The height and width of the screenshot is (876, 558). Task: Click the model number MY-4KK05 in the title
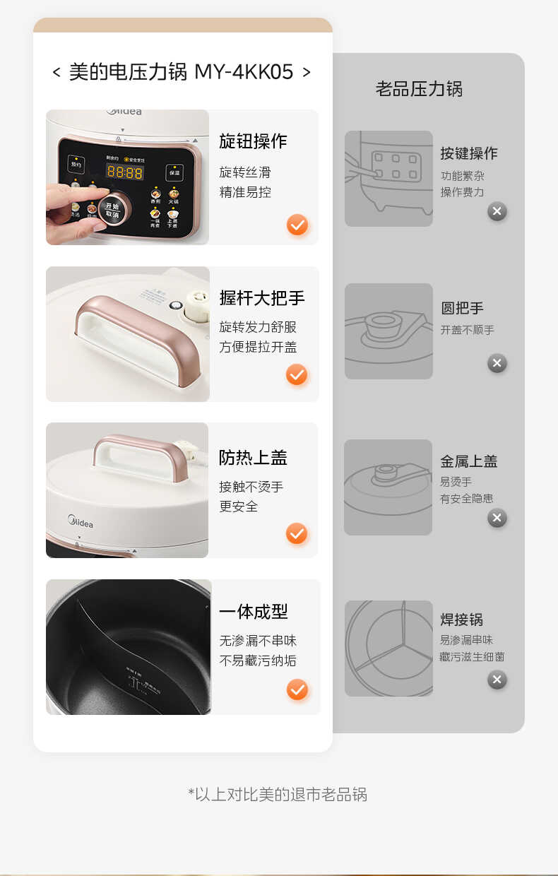tap(244, 72)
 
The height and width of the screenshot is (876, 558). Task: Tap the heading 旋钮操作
tap(253, 141)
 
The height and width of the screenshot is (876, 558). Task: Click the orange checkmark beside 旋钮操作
tap(297, 225)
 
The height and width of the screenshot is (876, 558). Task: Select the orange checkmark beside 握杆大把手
tap(297, 374)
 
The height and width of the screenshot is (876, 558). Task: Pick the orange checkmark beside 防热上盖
tap(297, 533)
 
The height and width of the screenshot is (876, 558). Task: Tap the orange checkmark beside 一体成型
tap(297, 689)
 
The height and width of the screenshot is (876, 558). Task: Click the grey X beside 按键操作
tap(497, 211)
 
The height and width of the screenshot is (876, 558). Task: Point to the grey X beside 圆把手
tap(497, 363)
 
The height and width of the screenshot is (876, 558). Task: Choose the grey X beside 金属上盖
tap(497, 518)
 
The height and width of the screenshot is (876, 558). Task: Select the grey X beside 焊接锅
tap(497, 680)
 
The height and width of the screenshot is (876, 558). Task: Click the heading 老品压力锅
tap(419, 89)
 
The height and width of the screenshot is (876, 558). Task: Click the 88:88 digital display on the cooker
tap(124, 172)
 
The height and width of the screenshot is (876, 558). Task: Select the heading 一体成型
tap(253, 612)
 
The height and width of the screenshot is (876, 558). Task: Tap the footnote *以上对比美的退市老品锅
tap(278, 794)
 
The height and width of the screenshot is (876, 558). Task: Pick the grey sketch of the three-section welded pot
tap(388, 648)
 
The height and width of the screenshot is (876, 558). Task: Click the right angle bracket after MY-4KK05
tap(306, 72)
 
